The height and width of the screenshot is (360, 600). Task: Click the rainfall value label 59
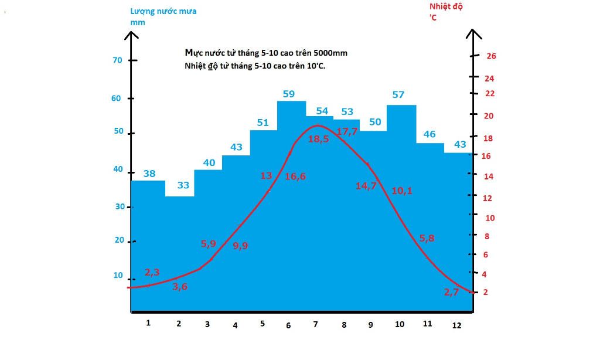[x=288, y=94]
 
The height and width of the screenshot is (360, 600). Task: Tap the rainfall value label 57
[x=398, y=95]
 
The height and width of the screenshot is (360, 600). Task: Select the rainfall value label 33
[x=183, y=185]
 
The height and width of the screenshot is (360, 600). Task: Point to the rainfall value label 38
[x=149, y=174]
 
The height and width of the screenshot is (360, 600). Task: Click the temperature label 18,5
[x=318, y=139]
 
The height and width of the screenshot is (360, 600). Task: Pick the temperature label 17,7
[x=347, y=131]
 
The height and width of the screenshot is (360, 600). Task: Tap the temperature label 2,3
[x=152, y=272]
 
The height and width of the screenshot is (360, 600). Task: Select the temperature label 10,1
[x=401, y=191]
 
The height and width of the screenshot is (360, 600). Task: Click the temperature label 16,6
[x=295, y=176]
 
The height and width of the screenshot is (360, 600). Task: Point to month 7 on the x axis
[x=315, y=324]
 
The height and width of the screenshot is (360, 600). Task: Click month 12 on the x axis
[x=457, y=325]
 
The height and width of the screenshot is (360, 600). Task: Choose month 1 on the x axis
[x=148, y=323]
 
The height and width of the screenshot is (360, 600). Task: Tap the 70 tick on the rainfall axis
[x=117, y=60]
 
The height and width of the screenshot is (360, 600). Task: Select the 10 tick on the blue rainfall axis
[x=118, y=276]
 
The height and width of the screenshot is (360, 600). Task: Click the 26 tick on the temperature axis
[x=491, y=56]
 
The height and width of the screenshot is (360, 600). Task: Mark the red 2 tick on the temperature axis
[x=485, y=292]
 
